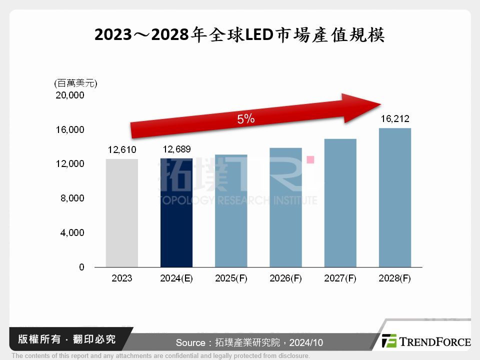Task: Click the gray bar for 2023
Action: [x=121, y=213]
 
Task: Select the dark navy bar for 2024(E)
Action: [x=176, y=212]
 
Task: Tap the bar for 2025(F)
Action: [x=231, y=210]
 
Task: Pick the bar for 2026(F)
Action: [x=285, y=207]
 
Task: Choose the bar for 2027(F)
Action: [x=340, y=202]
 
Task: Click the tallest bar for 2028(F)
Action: [x=395, y=197]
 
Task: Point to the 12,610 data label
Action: [x=121, y=149]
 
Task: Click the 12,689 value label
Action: [x=176, y=149]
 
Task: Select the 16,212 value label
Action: [x=395, y=118]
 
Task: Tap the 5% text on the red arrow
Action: [x=245, y=119]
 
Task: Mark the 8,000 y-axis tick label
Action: [x=72, y=198]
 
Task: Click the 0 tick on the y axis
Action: [x=81, y=267]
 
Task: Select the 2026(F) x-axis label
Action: [x=285, y=278]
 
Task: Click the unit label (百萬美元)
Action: [x=75, y=83]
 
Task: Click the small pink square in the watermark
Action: [x=310, y=159]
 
